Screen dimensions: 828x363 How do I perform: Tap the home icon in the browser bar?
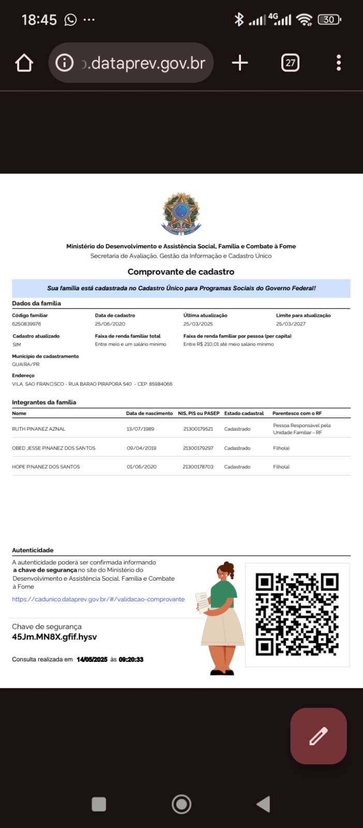(24, 63)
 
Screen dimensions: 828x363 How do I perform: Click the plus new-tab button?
(240, 63)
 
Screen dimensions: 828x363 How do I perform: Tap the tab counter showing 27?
(290, 63)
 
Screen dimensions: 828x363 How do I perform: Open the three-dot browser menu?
(339, 63)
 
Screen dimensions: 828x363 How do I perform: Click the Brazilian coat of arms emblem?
(181, 214)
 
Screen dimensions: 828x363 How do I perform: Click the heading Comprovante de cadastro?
(181, 272)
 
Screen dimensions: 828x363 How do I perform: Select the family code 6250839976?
(26, 324)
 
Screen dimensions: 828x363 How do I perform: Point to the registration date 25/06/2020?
(110, 324)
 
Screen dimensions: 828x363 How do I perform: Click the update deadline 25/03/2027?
(291, 324)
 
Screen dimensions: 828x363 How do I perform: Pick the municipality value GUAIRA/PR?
(26, 364)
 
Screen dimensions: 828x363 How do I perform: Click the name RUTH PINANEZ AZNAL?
(39, 429)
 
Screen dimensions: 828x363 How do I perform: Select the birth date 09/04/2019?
(140, 448)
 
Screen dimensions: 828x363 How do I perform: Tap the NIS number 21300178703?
(198, 467)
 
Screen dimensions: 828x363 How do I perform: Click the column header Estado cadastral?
(244, 413)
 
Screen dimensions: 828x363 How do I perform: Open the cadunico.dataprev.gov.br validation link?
(98, 599)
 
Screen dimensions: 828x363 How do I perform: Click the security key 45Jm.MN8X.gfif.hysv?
(54, 637)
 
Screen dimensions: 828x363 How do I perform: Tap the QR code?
(297, 614)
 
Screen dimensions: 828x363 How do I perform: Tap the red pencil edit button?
(318, 736)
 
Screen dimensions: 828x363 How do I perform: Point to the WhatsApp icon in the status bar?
(70, 20)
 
